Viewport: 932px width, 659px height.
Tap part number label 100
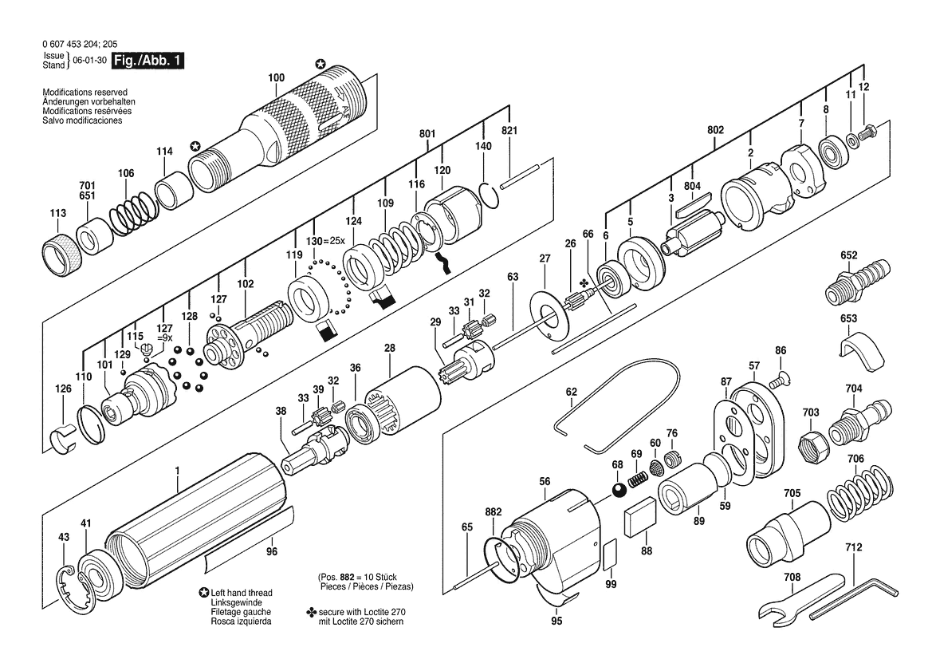pyautogui.click(x=277, y=77)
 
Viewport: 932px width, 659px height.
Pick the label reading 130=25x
pyautogui.click(x=325, y=241)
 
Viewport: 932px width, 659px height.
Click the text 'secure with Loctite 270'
pyautogui.click(x=362, y=612)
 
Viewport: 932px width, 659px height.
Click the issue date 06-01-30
pyautogui.click(x=89, y=61)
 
